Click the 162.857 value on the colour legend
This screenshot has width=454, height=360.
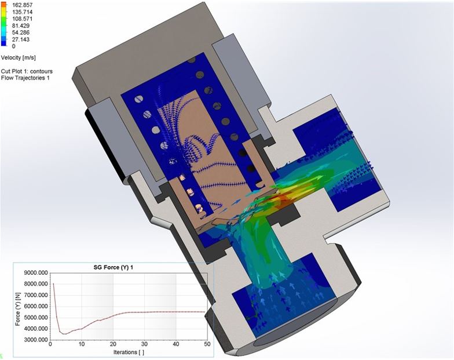[22, 5]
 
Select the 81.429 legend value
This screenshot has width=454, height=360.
[21, 26]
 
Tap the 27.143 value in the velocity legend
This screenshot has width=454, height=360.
[21, 39]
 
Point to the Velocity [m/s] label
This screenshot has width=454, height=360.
[19, 58]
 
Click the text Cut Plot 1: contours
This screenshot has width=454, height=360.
[27, 71]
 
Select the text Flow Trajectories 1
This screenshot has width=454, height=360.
[25, 78]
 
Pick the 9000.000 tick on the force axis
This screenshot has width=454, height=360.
[36, 272]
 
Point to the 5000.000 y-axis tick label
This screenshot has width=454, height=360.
[36, 318]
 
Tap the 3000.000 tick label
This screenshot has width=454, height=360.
[36, 340]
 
